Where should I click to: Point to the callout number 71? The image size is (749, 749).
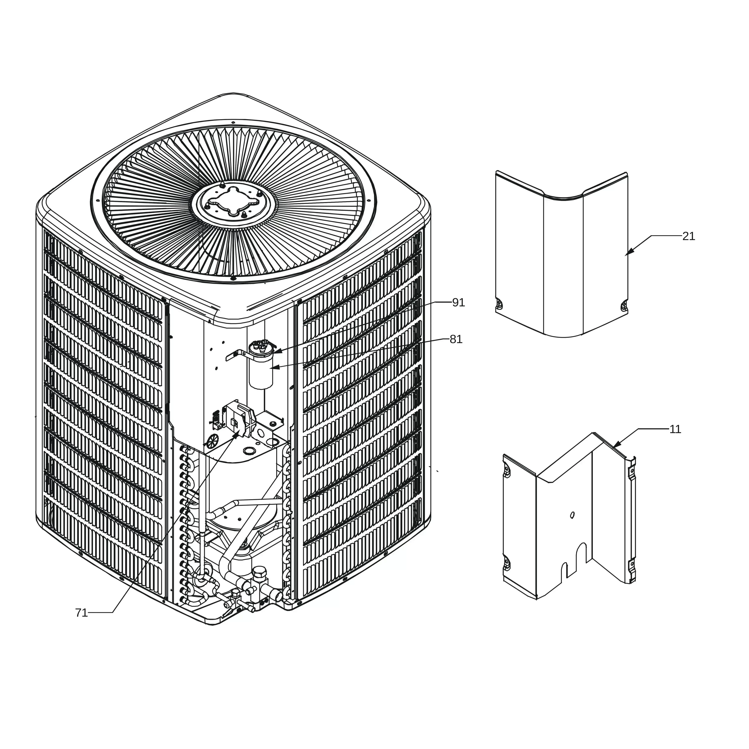point(81,613)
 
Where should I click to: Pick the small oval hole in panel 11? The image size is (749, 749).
point(573,515)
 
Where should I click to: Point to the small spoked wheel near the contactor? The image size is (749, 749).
point(213,441)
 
